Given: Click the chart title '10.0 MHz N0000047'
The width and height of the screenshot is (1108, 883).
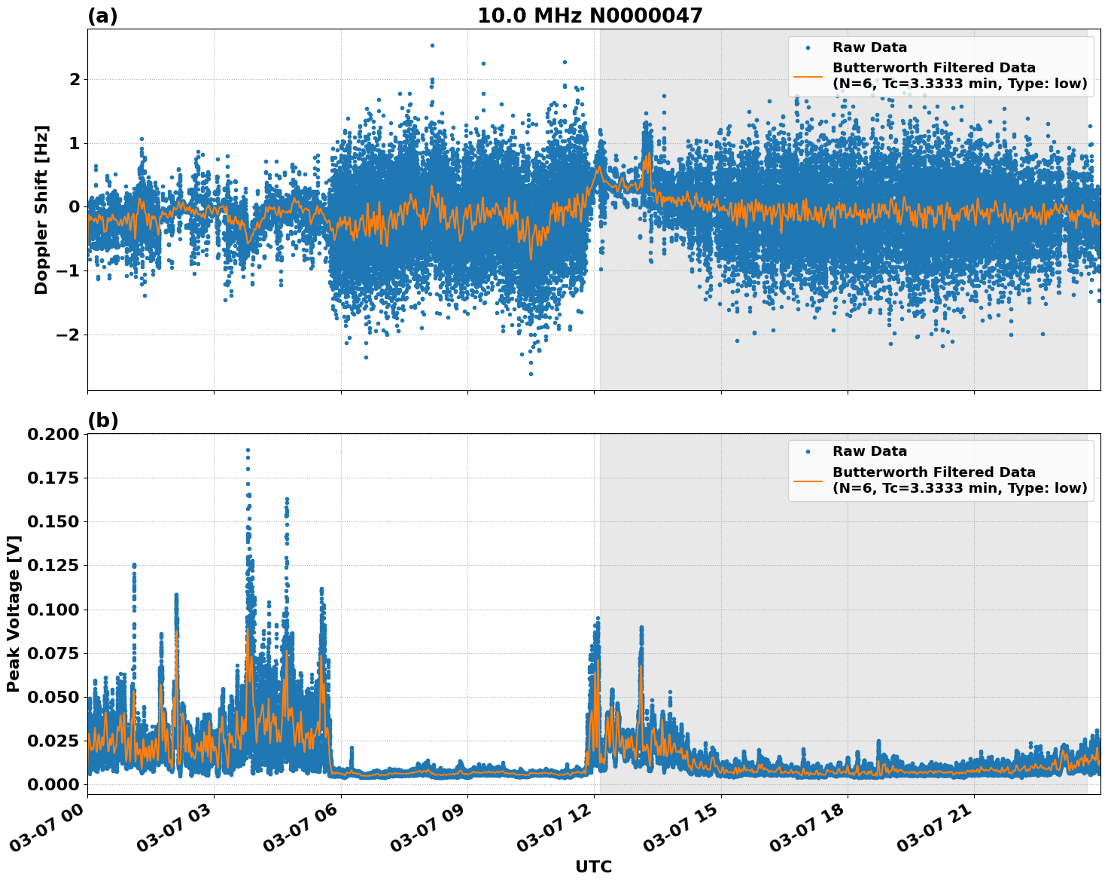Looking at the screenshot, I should click(x=589, y=16).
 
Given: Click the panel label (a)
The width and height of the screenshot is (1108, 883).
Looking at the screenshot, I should click(x=102, y=16).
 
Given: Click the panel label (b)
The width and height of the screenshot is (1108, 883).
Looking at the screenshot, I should click(x=102, y=420).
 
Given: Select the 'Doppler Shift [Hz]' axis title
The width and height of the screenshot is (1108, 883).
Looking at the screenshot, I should click(x=41, y=209).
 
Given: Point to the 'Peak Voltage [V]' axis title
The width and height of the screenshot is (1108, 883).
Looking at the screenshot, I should click(x=14, y=613).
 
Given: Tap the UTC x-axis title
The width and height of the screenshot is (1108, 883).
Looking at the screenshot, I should click(x=593, y=866).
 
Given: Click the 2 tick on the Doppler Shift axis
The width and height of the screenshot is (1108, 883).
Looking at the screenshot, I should click(x=74, y=79).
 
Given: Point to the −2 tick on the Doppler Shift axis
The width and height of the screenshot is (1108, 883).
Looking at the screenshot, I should click(x=68, y=335).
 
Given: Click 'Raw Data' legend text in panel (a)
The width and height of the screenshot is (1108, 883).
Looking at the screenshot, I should click(x=869, y=47).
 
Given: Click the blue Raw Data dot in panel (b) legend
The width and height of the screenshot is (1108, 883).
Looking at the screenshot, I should click(x=808, y=451).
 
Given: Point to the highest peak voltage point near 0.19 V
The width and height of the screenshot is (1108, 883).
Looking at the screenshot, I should click(x=248, y=450).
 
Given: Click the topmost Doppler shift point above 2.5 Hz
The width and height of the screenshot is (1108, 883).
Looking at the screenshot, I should click(x=432, y=45).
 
